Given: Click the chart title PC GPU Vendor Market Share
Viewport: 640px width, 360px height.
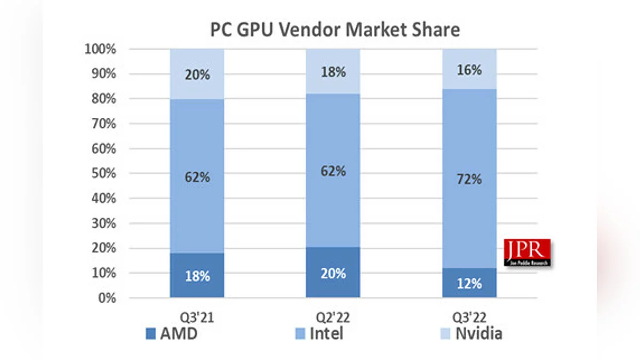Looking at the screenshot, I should tap(335, 29).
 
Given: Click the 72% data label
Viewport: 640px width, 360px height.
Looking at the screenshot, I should tap(469, 179).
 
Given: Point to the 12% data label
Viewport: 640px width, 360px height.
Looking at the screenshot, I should tap(469, 283).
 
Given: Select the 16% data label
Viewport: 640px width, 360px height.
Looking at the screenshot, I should tap(469, 70).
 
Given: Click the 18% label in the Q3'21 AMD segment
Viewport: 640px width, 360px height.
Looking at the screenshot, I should tap(197, 276).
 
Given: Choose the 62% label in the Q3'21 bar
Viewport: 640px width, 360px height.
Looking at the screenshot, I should tap(197, 177).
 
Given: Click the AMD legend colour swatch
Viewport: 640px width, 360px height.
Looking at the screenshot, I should tap(151, 334).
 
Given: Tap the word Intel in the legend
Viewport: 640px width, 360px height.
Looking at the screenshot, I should tap(326, 334).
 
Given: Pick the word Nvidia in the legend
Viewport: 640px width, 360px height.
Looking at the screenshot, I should tap(478, 334).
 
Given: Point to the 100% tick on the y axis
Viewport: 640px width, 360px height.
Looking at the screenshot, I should tap(101, 49).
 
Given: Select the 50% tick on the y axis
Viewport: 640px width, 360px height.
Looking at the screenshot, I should tap(103, 173).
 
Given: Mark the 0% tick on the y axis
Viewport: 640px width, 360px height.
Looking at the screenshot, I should tap(107, 298).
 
